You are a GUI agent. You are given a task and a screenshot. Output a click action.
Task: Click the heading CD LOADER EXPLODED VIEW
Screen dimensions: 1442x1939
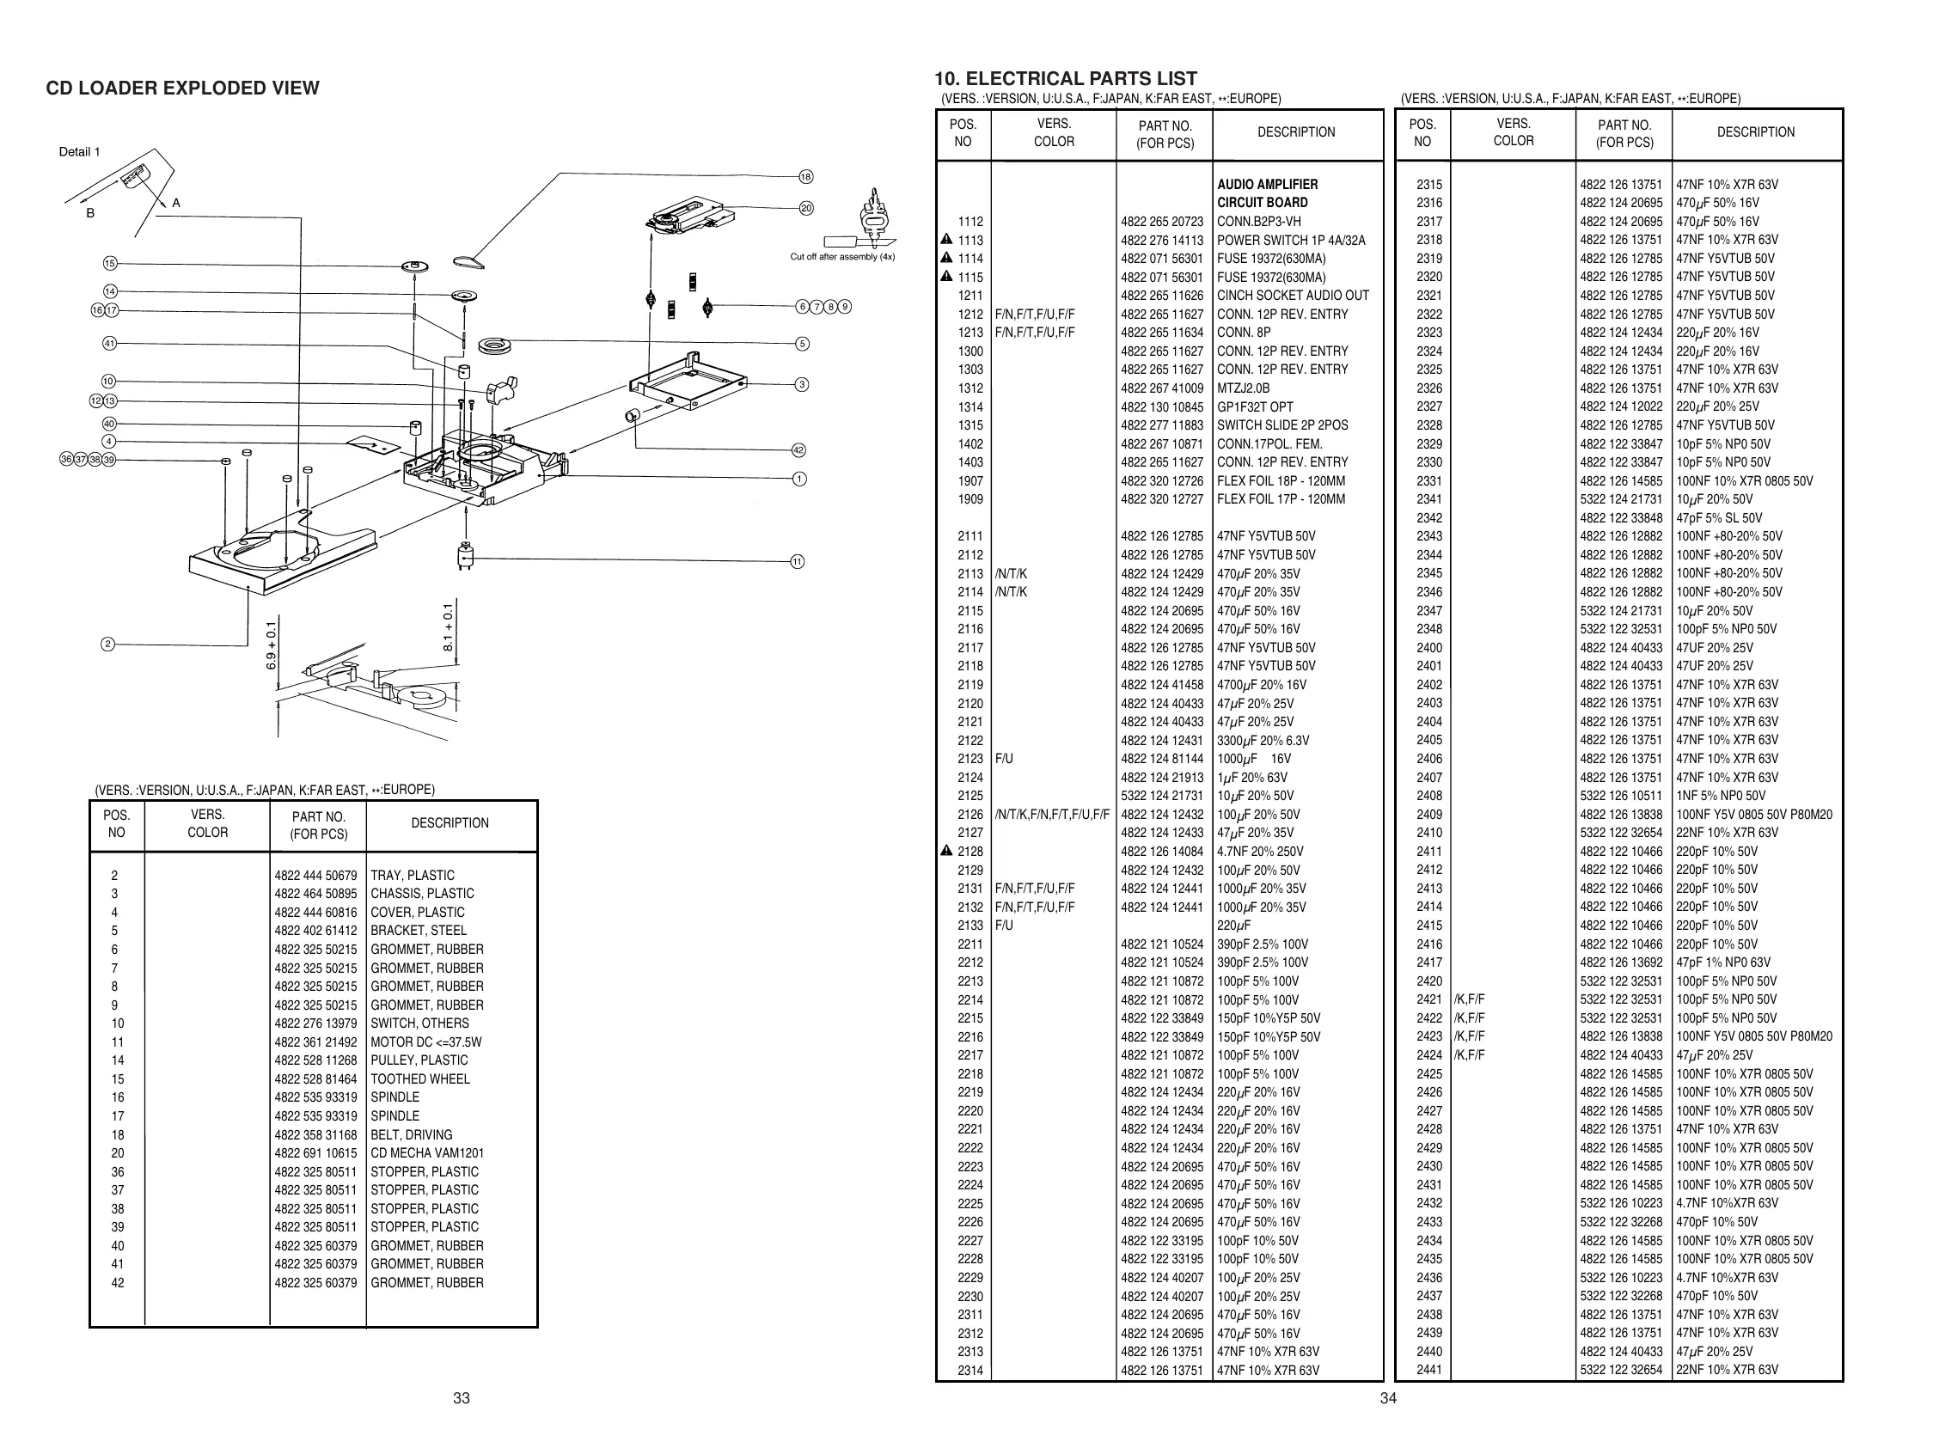coord(182,89)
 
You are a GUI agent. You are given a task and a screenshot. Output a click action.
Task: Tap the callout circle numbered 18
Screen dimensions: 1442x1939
coord(806,177)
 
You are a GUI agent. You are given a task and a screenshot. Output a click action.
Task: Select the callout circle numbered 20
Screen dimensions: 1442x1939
coord(806,209)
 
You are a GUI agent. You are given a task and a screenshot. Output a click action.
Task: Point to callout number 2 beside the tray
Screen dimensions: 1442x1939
coord(108,645)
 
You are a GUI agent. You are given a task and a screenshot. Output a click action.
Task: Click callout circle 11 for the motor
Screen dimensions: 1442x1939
coord(797,562)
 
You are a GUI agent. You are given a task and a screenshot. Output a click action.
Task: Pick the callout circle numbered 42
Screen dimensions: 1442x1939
coord(798,450)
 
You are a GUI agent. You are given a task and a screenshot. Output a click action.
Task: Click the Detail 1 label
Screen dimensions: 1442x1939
coord(79,152)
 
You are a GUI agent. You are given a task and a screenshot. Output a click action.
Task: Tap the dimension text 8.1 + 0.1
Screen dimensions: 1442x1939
coord(449,627)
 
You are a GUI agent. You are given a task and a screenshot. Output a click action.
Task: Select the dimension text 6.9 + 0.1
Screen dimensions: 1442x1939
coord(272,645)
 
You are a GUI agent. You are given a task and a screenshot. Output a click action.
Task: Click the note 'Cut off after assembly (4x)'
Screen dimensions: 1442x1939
coord(841,257)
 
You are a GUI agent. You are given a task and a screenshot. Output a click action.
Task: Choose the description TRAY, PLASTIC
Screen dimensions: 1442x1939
coord(412,876)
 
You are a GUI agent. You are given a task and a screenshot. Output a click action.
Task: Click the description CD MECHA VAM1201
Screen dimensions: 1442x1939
coord(427,1153)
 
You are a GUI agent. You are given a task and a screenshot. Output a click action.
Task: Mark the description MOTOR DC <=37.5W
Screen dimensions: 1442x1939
coord(425,1042)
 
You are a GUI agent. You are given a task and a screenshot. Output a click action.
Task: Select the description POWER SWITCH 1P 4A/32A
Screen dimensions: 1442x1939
coord(1290,240)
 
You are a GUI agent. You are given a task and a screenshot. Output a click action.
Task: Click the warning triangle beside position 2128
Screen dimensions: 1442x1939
coord(946,851)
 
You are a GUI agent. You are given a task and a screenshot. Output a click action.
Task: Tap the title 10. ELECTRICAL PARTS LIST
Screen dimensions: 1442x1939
coord(1065,78)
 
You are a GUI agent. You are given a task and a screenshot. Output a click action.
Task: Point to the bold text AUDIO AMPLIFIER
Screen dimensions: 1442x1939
coord(1268,184)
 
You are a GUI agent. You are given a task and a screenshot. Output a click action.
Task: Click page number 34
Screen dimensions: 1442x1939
coord(1388,1398)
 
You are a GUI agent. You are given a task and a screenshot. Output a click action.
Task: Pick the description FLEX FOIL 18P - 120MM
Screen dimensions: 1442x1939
coord(1281,481)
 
